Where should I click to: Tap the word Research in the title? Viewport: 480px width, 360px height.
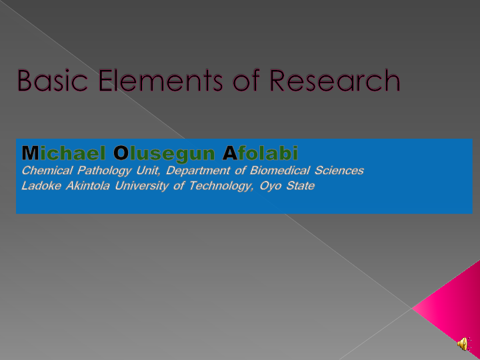[x=334, y=81]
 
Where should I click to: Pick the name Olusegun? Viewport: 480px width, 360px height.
[x=165, y=153]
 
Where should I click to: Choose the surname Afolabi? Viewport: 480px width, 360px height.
[x=260, y=153]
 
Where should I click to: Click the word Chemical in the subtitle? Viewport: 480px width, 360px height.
[x=47, y=171]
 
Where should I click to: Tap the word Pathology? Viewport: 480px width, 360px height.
[x=105, y=171]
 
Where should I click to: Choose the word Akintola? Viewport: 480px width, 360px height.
[x=89, y=186]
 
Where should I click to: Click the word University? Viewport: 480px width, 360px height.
[x=142, y=186]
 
